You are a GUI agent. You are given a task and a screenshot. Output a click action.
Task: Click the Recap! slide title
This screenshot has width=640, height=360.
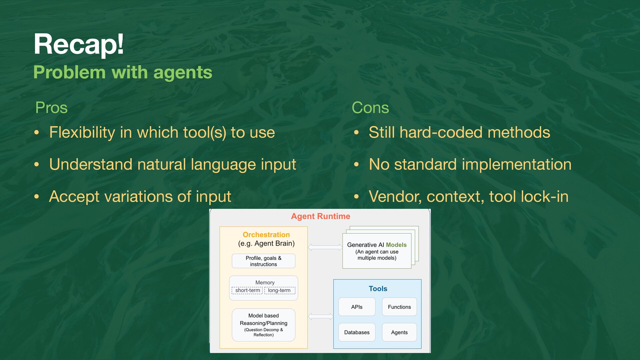pyautogui.click(x=79, y=44)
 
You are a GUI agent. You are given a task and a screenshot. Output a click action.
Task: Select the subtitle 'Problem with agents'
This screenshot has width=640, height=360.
pyautogui.click(x=123, y=72)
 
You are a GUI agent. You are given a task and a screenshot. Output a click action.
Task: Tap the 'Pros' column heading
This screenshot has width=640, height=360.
pyautogui.click(x=51, y=108)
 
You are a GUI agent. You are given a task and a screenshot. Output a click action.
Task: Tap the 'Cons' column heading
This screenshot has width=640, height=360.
pyautogui.click(x=370, y=108)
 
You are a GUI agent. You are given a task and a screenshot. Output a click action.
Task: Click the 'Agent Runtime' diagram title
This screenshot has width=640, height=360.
pyautogui.click(x=321, y=216)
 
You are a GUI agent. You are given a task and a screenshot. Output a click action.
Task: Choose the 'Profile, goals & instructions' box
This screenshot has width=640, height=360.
pyautogui.click(x=264, y=261)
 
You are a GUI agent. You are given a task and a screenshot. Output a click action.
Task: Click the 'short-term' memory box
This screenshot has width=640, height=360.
pyautogui.click(x=247, y=290)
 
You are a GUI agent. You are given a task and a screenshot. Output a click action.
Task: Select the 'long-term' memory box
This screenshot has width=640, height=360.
pyautogui.click(x=280, y=290)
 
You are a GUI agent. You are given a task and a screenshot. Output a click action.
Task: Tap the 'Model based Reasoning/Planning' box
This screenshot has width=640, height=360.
pyautogui.click(x=264, y=325)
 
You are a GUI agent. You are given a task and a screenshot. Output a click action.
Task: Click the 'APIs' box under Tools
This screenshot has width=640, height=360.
pyautogui.click(x=357, y=307)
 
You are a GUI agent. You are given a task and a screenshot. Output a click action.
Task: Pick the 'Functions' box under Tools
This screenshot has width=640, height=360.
pyautogui.click(x=399, y=307)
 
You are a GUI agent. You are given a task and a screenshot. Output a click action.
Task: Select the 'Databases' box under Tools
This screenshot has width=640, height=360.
pyautogui.click(x=357, y=332)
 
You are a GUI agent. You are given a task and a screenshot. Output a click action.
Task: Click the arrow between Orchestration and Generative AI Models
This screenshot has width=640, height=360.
pyautogui.click(x=325, y=247)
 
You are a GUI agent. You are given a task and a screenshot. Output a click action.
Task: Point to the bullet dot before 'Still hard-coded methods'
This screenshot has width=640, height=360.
pyautogui.click(x=356, y=133)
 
